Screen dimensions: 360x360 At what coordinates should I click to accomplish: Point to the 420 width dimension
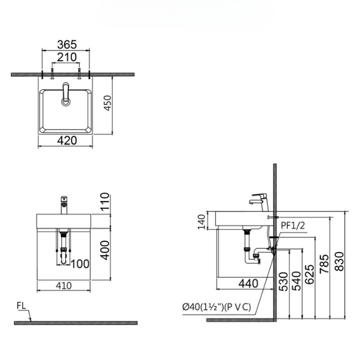coord(66,140)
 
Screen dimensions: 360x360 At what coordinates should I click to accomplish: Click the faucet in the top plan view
coord(65,95)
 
